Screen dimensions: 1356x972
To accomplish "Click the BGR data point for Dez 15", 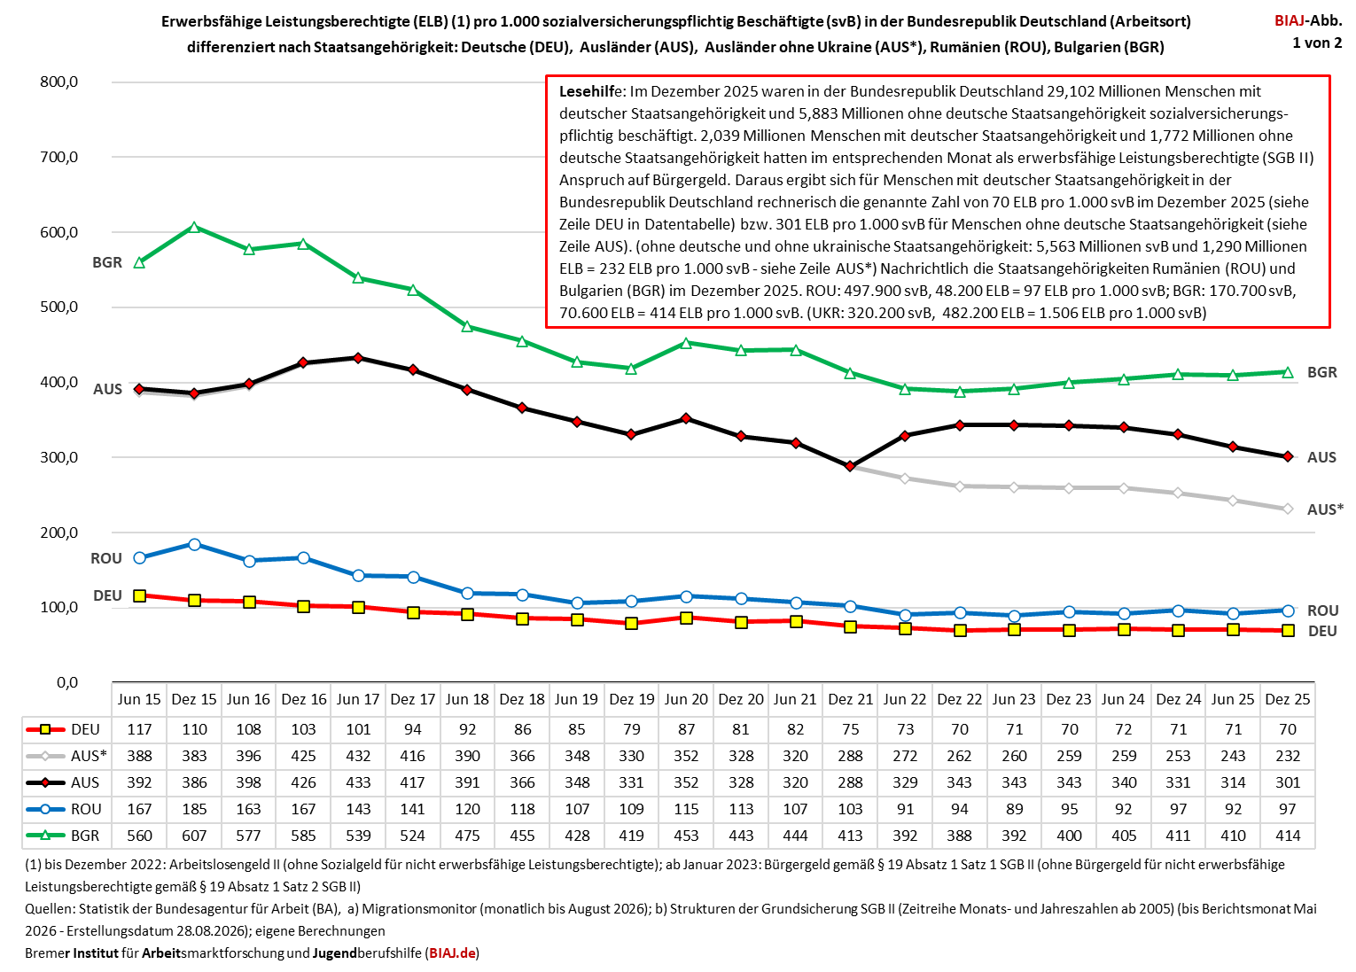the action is [194, 227].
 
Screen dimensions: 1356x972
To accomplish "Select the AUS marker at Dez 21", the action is [850, 466].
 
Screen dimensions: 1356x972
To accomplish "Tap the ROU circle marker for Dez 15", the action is [194, 545].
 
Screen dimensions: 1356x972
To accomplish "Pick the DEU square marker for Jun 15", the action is [139, 595].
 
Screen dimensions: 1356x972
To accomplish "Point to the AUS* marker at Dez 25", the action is [1288, 509].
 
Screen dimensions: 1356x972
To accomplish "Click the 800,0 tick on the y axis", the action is [58, 82].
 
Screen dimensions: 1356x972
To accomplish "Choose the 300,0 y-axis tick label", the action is [58, 457].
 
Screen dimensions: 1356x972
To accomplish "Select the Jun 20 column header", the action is [686, 699].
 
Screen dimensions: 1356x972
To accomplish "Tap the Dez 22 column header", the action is [960, 699].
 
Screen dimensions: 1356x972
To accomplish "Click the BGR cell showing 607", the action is [194, 836].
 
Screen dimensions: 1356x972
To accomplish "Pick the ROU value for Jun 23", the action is [1014, 809].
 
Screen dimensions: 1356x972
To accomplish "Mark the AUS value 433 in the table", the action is [358, 782].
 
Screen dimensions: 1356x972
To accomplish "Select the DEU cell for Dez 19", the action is [631, 729].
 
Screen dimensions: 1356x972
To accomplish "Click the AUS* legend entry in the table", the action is [66, 756].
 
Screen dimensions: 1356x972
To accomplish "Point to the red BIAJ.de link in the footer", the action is [452, 953].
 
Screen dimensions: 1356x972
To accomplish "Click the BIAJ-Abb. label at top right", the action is [1308, 20].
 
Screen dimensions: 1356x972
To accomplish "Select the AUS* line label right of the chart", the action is [1325, 509].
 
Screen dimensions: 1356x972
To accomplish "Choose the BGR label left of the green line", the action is [107, 262].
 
